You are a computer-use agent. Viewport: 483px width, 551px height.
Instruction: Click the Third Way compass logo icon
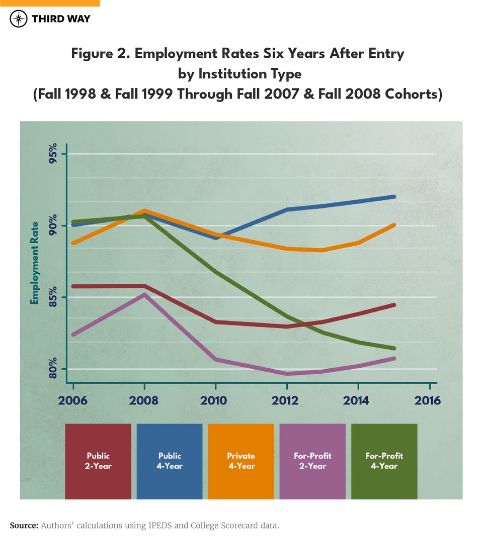[19, 20]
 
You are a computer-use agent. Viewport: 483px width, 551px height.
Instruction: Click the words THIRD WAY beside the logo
[61, 20]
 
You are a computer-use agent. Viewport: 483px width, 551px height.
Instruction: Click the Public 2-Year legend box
[98, 461]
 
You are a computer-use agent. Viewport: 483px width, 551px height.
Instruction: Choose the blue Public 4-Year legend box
[170, 461]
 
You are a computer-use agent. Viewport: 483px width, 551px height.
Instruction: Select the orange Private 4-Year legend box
[241, 461]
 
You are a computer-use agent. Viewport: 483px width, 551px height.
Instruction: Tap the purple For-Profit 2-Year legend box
[312, 461]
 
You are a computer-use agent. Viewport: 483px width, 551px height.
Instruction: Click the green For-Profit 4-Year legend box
[384, 461]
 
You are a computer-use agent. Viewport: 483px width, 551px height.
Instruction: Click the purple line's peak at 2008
[145, 295]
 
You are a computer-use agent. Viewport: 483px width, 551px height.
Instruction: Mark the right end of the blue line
[394, 197]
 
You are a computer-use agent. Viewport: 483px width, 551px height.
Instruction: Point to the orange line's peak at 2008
[145, 211]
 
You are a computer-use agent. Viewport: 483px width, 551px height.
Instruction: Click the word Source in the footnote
[24, 525]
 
